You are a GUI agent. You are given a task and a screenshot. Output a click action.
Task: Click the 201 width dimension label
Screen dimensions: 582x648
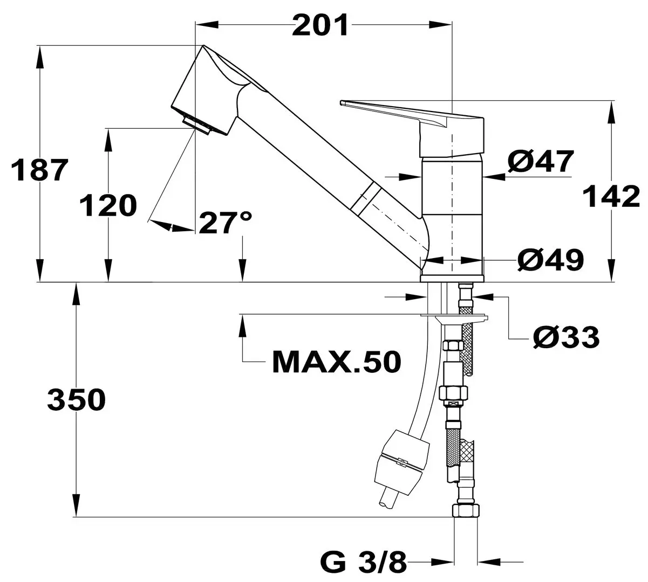[320, 25]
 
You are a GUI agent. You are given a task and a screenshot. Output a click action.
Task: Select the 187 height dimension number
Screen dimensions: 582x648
[41, 170]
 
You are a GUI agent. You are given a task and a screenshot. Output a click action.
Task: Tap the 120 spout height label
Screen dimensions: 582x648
[107, 206]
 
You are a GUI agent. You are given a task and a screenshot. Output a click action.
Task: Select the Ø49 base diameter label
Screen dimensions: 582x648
[550, 260]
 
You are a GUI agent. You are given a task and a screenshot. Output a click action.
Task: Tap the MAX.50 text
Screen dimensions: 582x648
[336, 363]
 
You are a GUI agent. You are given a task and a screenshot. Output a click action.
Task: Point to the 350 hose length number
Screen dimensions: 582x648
[76, 400]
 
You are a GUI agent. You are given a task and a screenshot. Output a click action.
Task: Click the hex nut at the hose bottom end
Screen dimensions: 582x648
[465, 510]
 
